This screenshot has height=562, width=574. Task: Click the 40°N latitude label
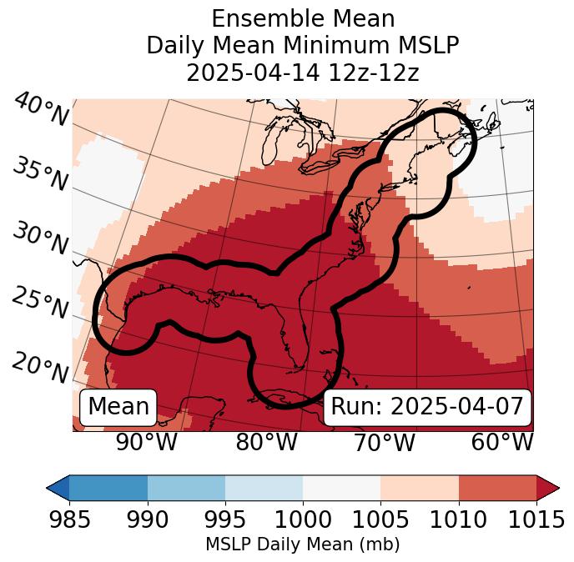[41, 111]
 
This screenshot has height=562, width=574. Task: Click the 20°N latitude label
[40, 368]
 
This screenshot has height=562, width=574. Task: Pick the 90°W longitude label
[146, 442]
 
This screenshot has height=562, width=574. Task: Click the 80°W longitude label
[266, 442]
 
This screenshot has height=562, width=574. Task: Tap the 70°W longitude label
[385, 442]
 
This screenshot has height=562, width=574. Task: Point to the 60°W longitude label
[502, 442]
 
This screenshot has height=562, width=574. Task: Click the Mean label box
[118, 407]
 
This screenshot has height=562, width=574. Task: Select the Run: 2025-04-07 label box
[427, 407]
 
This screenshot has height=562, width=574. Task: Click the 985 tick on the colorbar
[69, 519]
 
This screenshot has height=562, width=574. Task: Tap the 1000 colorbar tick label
[303, 519]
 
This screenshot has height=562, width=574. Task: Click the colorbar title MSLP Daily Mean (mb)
[302, 545]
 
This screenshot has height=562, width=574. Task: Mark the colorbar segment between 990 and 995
[186, 487]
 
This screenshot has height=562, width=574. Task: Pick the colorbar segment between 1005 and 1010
[420, 487]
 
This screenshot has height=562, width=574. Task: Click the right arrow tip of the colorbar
[557, 487]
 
